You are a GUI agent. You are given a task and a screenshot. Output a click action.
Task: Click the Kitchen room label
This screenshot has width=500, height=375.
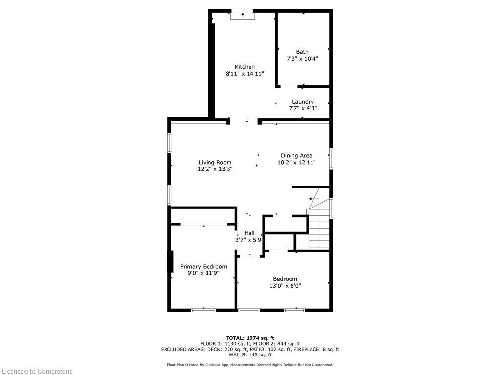point(245,67)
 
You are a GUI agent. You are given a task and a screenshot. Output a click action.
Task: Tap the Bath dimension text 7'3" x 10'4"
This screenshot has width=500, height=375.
point(302,59)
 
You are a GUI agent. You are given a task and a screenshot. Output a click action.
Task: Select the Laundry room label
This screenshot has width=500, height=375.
point(303,102)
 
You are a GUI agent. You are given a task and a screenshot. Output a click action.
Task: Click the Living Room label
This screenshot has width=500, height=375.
point(215,162)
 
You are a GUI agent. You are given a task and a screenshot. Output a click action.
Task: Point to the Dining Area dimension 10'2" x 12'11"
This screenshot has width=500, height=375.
point(296,162)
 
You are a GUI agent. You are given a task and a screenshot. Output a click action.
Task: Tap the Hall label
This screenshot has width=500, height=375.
point(250,233)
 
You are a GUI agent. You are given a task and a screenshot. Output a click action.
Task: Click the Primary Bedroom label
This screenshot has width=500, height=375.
point(203,266)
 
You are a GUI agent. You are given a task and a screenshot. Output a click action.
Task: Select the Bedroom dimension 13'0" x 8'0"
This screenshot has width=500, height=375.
point(285,286)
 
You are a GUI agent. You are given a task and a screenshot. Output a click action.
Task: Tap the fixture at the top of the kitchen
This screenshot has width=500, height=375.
point(243,15)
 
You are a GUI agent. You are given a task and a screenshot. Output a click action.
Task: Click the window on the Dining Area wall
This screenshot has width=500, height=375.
point(331,159)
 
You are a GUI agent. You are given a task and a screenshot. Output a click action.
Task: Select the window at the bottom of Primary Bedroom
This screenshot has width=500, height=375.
point(203,310)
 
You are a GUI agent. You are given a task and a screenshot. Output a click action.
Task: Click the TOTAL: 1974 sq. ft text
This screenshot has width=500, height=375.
point(250,338)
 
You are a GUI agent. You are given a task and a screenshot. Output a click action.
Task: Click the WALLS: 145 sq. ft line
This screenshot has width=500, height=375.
point(250,355)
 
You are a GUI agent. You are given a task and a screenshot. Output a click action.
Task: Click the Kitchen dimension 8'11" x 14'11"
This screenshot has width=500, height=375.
point(245,74)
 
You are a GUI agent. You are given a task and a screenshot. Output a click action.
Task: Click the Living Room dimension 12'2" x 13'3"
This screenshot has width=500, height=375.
point(215,169)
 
